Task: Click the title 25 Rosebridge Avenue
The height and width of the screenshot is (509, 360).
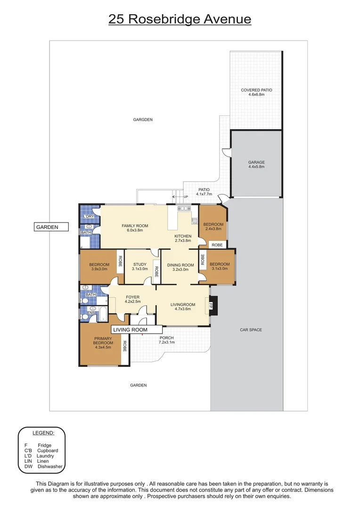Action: pyautogui.click(x=180, y=19)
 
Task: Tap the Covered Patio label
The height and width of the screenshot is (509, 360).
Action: pyautogui.click(x=256, y=92)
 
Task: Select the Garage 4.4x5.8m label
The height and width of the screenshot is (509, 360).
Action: pyautogui.click(x=256, y=164)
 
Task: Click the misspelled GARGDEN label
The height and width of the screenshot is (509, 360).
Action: pyautogui.click(x=143, y=120)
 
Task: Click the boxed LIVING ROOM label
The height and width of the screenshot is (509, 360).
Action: pyautogui.click(x=130, y=330)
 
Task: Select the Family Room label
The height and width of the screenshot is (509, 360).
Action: pyautogui.click(x=135, y=228)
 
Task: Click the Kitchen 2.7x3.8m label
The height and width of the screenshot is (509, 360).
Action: pyautogui.click(x=183, y=238)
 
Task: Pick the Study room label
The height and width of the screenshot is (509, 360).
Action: pyautogui.click(x=140, y=267)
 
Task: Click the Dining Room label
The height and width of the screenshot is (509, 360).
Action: pyautogui.click(x=180, y=267)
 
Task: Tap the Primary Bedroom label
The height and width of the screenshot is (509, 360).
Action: pyautogui.click(x=103, y=343)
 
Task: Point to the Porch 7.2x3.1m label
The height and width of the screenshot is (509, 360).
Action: pyautogui.click(x=167, y=340)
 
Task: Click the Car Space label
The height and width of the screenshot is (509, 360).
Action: pyautogui.click(x=251, y=330)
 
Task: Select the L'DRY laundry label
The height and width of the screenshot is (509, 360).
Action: pyautogui.click(x=88, y=217)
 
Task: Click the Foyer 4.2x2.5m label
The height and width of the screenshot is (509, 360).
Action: pyautogui.click(x=132, y=299)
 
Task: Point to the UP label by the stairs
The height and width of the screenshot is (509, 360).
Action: pyautogui.click(x=185, y=197)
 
